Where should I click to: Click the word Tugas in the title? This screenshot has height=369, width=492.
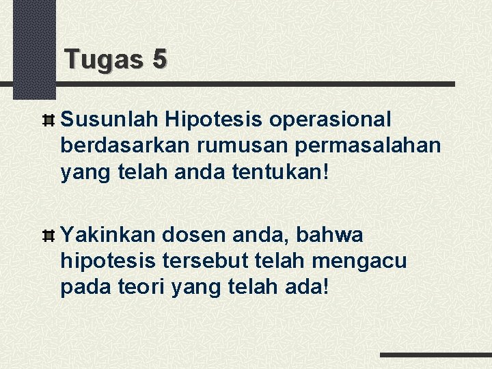tap(102, 60)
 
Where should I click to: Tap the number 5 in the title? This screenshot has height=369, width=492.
tap(159, 60)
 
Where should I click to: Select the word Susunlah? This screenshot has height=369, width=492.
tap(109, 120)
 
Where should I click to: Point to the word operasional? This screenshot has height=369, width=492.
tap(331, 120)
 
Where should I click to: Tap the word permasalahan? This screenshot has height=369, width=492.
tap(359, 146)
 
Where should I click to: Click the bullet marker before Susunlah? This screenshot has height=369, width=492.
tap(49, 121)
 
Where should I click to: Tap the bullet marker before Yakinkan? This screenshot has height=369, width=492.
tap(49, 236)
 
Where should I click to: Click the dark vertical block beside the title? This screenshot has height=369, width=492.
tap(33, 48)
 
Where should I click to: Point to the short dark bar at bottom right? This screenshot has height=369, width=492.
tap(435, 355)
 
